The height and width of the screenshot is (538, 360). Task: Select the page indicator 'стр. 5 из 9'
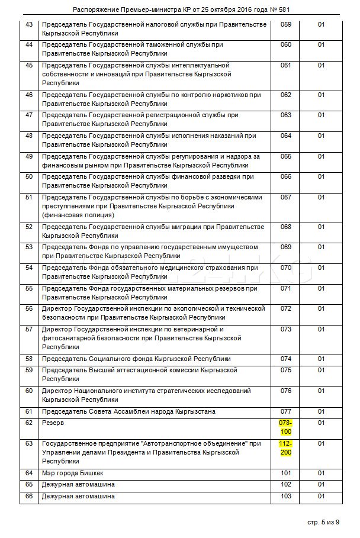click(x=323, y=521)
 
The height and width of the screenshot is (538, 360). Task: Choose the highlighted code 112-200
click(x=286, y=447)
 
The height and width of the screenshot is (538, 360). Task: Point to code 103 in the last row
click(x=286, y=496)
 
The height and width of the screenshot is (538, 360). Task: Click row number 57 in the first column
click(x=29, y=328)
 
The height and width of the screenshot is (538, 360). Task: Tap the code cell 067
click(x=286, y=197)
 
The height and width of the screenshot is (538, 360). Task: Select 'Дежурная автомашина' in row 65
click(x=78, y=484)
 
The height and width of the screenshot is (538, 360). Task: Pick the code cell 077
click(x=286, y=411)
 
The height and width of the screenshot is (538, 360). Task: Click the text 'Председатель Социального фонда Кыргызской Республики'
click(x=136, y=359)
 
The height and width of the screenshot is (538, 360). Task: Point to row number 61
click(x=29, y=411)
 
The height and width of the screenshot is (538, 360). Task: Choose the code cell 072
click(x=286, y=308)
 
